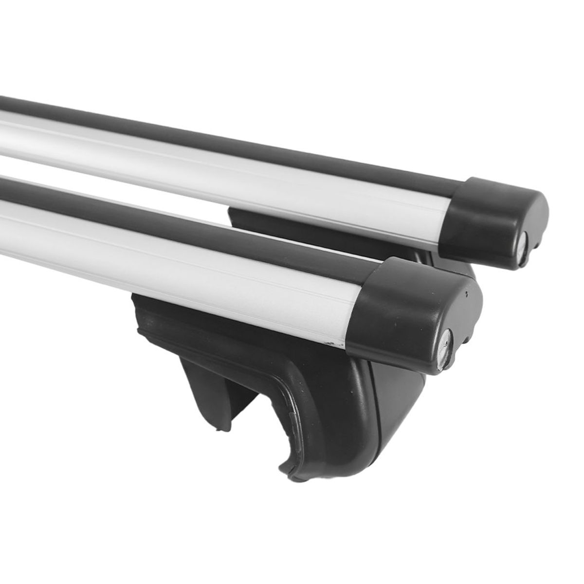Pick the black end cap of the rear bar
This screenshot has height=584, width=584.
(492, 214)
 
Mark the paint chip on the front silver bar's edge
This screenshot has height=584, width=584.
(335, 344)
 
